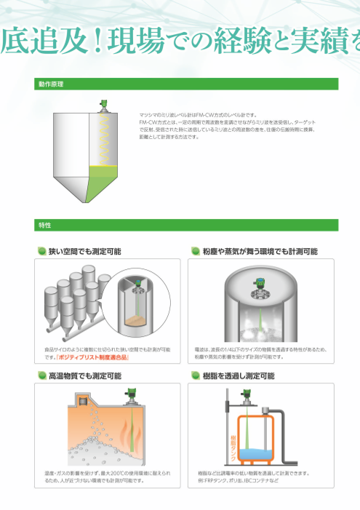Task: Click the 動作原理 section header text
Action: tap(51, 84)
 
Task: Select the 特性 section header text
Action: tap(45, 226)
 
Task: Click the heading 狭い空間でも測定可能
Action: tap(84, 251)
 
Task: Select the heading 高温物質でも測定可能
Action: tap(84, 375)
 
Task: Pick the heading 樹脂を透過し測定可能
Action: tap(238, 375)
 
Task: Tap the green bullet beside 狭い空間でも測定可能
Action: tap(41, 251)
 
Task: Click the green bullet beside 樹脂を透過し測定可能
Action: tap(195, 375)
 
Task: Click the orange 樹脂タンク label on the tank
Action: tap(234, 442)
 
